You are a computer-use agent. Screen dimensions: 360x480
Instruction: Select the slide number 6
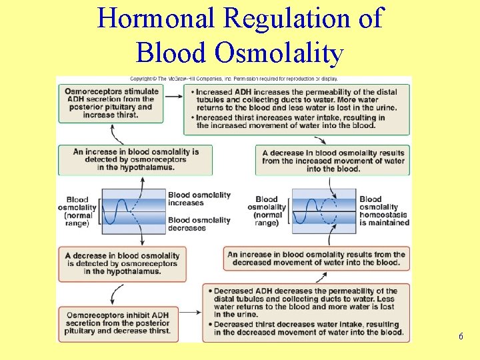461,337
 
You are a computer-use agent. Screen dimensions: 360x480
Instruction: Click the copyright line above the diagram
267,79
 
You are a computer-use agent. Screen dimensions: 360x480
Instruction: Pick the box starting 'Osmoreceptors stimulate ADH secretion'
111,103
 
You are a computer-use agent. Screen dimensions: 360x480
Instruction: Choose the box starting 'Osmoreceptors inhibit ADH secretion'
118,323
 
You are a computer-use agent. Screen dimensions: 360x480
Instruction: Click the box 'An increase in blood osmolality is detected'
135,159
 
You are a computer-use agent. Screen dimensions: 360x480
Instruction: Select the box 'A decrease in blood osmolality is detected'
122,263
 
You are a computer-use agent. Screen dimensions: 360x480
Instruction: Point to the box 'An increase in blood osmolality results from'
317,259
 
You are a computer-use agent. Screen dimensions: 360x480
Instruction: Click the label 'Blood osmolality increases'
199,199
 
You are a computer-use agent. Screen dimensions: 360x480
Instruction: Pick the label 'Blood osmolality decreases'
199,224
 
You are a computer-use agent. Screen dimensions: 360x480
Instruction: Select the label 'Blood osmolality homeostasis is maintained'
384,211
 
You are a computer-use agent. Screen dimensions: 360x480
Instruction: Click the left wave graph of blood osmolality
133,211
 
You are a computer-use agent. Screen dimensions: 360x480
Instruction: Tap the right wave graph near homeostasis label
323,211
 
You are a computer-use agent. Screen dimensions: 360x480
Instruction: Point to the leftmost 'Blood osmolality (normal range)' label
77,211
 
